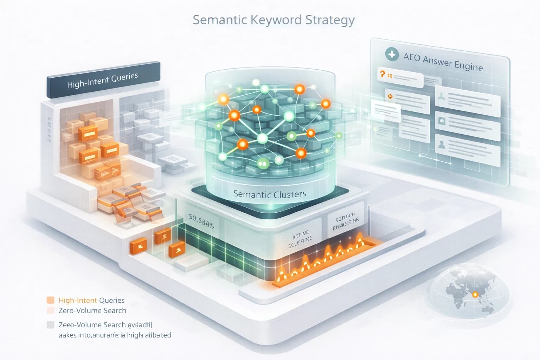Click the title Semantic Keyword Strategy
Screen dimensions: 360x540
click(274, 20)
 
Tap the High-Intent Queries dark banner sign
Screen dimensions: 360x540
click(103, 80)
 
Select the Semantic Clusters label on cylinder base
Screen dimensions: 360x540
click(269, 194)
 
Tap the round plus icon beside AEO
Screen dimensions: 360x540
click(392, 54)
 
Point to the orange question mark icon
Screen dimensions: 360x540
click(382, 74)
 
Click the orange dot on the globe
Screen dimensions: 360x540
click(475, 295)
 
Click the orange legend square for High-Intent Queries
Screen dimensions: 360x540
click(51, 300)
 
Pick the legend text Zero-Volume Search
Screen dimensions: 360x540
click(92, 310)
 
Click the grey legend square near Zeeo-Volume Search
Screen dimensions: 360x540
click(51, 325)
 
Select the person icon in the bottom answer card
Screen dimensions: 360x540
click(441, 144)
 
